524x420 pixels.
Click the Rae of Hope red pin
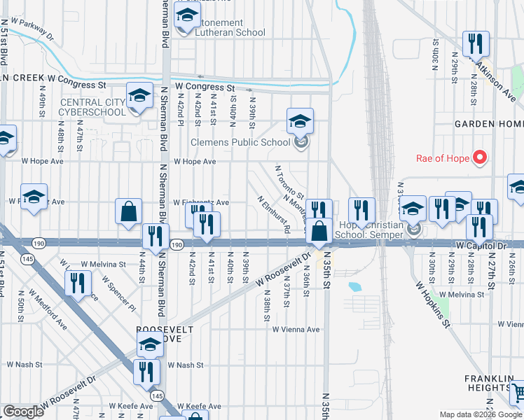480,157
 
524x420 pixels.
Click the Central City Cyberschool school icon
139,96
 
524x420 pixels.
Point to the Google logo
23,412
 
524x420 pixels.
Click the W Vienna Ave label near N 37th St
296,330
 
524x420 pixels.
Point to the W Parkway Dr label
27,27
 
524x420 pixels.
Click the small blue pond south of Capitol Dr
353,286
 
